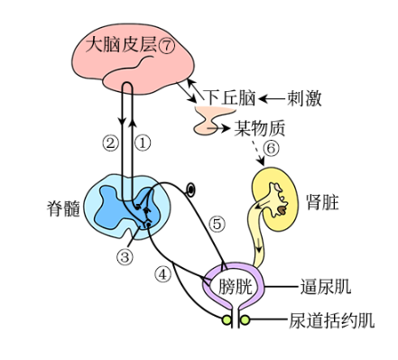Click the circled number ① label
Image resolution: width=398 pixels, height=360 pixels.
(143, 143)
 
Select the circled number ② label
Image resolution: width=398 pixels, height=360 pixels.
(110, 143)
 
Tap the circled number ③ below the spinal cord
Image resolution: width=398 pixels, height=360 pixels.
(125, 256)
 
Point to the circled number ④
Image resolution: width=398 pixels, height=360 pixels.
(162, 273)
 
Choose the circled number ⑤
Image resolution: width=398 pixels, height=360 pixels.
(218, 224)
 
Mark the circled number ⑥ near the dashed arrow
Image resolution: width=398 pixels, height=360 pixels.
(271, 148)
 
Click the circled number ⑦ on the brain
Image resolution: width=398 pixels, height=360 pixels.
(166, 46)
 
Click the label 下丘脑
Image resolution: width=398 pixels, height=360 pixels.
(229, 98)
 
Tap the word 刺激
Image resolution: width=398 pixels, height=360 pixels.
(304, 98)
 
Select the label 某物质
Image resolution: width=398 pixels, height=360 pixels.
(260, 128)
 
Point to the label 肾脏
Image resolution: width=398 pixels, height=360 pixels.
(322, 202)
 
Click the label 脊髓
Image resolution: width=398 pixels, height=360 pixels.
(63, 208)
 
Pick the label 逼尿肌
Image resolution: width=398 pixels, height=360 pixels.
(326, 286)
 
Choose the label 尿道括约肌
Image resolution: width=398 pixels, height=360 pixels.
(332, 320)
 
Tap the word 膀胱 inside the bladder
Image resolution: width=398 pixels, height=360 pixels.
(235, 286)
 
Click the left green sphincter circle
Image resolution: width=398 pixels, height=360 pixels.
(227, 320)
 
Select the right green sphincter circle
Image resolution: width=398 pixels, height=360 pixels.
(245, 320)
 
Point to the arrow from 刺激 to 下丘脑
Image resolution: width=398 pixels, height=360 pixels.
(272, 98)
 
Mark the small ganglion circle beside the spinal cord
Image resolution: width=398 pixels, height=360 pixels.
(190, 189)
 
